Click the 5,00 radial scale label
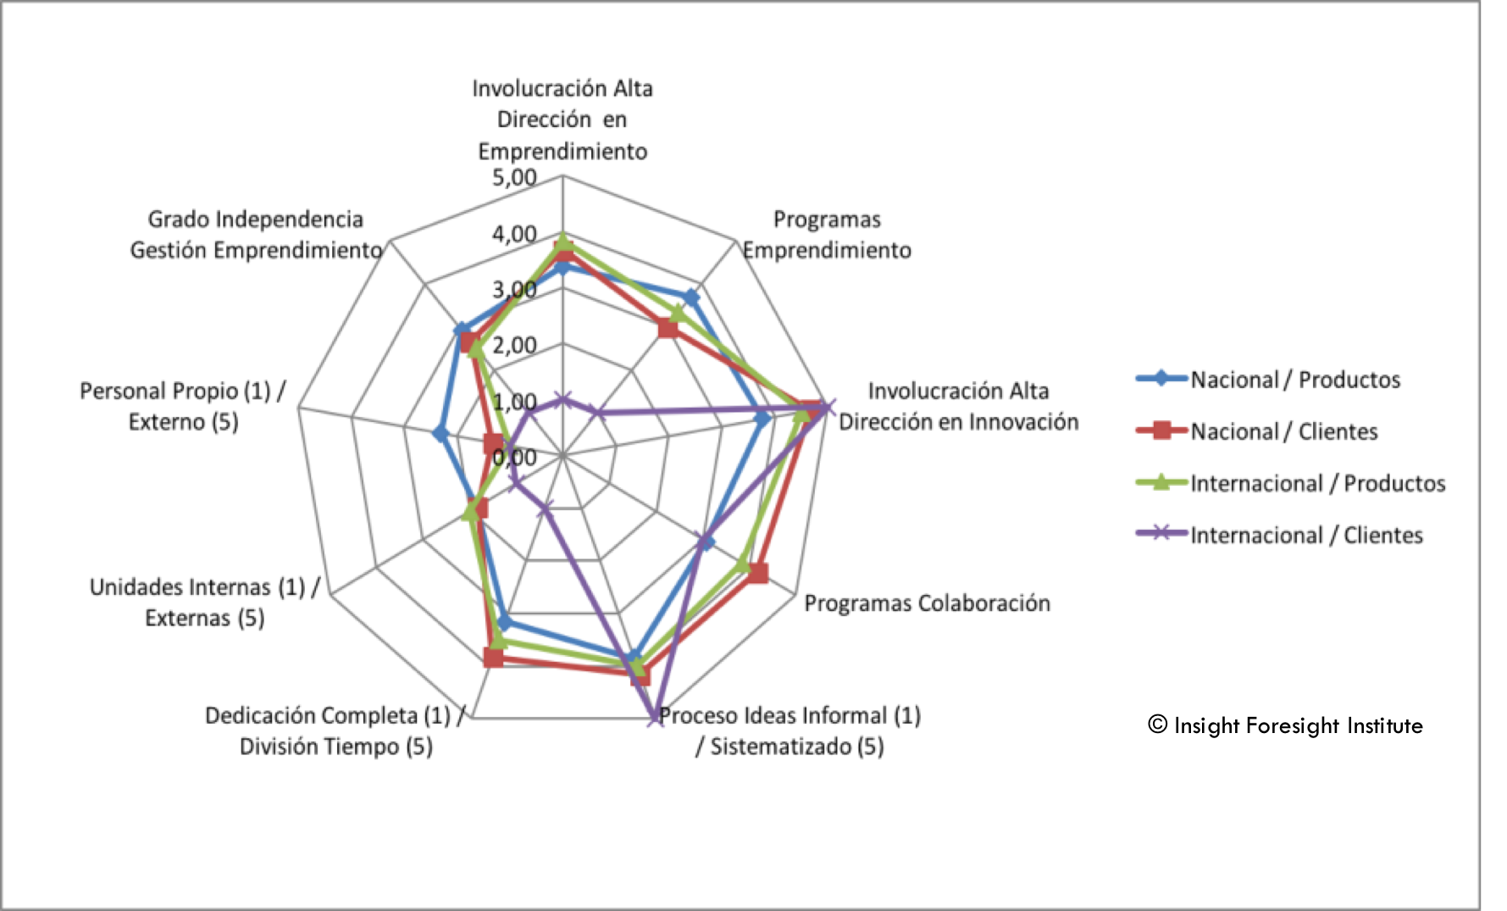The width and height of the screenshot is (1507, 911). tap(514, 178)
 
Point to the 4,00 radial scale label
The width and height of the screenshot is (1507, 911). tap(514, 234)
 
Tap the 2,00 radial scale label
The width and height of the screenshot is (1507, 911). tap(514, 345)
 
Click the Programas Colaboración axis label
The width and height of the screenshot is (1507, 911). tap(927, 603)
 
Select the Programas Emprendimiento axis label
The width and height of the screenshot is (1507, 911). tap(827, 235)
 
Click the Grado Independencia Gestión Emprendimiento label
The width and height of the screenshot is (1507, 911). tap(256, 235)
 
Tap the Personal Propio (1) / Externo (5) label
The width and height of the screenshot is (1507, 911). tap(183, 406)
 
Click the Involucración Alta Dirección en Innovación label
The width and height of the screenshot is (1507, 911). tap(958, 406)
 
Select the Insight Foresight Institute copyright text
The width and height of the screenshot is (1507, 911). tap(1285, 725)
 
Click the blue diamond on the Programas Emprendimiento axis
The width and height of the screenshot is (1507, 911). tap(691, 297)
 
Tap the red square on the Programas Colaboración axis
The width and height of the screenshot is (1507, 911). tap(758, 574)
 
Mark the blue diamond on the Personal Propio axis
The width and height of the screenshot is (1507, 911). tap(440, 435)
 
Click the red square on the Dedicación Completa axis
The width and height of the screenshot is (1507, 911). tap(493, 657)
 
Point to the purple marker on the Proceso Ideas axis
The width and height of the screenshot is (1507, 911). tap(656, 717)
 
